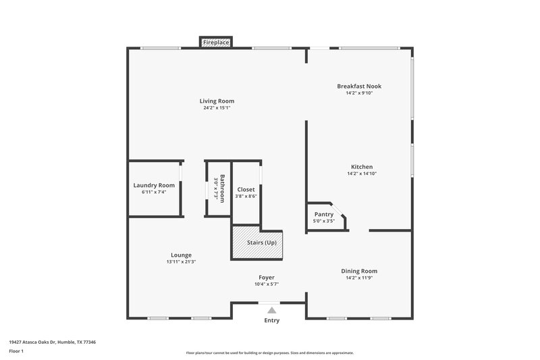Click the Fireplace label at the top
216,43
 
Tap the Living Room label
217,101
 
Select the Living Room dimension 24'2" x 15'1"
217,108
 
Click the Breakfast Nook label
359,86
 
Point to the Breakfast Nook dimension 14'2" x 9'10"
359,93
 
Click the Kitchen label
361,167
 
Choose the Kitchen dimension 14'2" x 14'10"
361,174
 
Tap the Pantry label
324,214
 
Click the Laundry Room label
154,185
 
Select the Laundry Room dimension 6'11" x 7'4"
154,192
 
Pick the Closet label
246,190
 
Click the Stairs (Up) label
261,242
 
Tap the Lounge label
181,255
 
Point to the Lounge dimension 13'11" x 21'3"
181,262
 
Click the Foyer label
267,278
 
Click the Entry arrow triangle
271,310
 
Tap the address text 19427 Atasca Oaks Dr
52,342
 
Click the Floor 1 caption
16,352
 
